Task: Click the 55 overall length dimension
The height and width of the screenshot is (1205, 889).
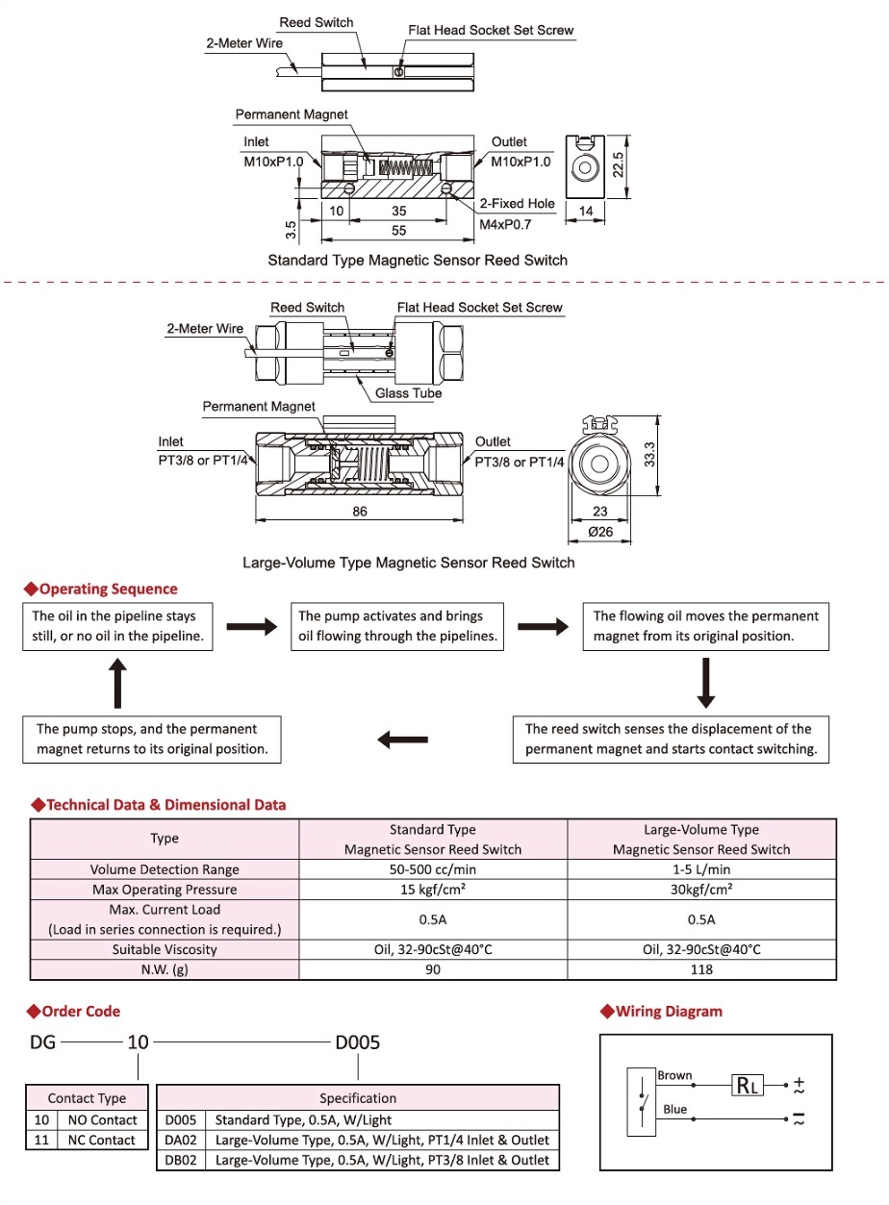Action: pyautogui.click(x=399, y=231)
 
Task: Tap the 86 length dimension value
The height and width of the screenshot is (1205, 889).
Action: pyautogui.click(x=360, y=512)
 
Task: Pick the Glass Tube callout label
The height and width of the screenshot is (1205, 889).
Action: pyautogui.click(x=409, y=393)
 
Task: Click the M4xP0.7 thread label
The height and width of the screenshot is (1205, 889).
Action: pyautogui.click(x=505, y=223)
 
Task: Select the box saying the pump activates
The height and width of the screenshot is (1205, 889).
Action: pyautogui.click(x=396, y=626)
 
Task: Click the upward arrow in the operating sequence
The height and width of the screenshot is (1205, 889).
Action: pyautogui.click(x=117, y=685)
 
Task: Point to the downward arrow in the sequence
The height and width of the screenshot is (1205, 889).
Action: pyautogui.click(x=706, y=685)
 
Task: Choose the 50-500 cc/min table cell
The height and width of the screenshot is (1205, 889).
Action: pyautogui.click(x=433, y=869)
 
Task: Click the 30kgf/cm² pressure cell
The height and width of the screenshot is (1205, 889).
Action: pyautogui.click(x=701, y=890)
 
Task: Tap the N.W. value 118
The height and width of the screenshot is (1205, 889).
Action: pyautogui.click(x=701, y=969)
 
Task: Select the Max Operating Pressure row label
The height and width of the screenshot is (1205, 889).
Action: pyautogui.click(x=165, y=890)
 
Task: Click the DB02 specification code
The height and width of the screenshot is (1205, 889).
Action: pyautogui.click(x=181, y=1160)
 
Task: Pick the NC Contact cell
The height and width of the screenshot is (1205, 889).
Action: pyautogui.click(x=100, y=1141)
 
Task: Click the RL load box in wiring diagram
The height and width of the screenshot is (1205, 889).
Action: pyautogui.click(x=748, y=1086)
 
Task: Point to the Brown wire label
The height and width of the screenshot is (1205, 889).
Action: pyautogui.click(x=674, y=1075)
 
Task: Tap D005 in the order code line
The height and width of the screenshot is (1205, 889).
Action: pyautogui.click(x=358, y=1042)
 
